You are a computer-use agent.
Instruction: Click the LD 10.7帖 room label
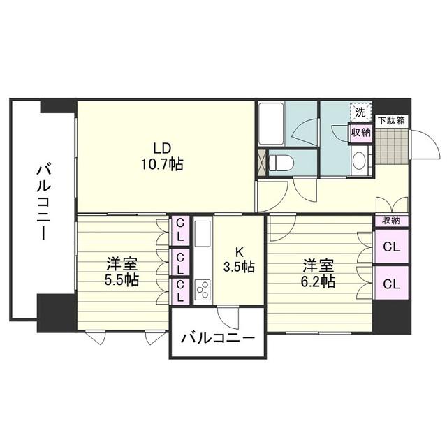pyautogui.click(x=163, y=156)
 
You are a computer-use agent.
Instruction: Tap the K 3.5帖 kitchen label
pyautogui.click(x=239, y=259)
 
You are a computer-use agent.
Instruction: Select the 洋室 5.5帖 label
pyautogui.click(x=122, y=272)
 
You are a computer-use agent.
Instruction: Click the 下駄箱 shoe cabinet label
pyautogui.click(x=391, y=121)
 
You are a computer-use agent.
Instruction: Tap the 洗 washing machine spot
pyautogui.click(x=360, y=112)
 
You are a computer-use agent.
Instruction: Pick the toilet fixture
pyautogui.click(x=281, y=163)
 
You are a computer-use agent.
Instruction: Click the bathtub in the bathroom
pyautogui.click(x=270, y=124)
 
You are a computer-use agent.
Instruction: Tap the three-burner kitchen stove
pyautogui.click(x=203, y=290)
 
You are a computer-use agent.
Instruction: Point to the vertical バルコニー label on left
pyautogui.click(x=43, y=200)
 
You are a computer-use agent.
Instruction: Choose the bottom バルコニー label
pyautogui.click(x=218, y=338)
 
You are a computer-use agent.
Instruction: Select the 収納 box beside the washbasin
pyautogui.click(x=361, y=133)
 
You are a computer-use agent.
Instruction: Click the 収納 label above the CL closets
pyautogui.click(x=391, y=221)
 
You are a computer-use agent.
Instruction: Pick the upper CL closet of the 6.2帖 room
pyautogui.click(x=391, y=247)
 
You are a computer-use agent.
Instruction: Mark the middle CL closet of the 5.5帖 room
pyautogui.click(x=180, y=263)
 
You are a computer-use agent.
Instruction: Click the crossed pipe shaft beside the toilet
pyautogui.click(x=262, y=163)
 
